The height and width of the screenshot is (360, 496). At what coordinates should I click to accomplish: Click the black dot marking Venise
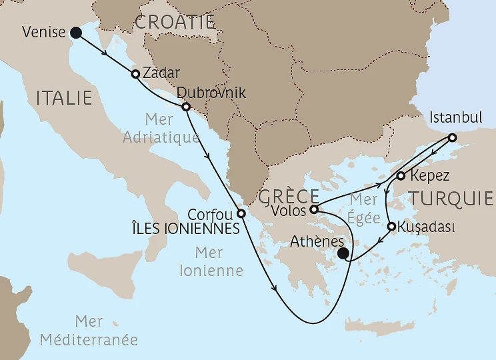pyautogui.click(x=76, y=32)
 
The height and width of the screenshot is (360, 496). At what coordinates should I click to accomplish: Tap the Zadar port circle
pyautogui.click(x=135, y=74)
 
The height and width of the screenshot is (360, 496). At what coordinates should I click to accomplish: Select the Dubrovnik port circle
pyautogui.click(x=186, y=107)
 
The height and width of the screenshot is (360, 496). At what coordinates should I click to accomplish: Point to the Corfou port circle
pyautogui.click(x=241, y=215)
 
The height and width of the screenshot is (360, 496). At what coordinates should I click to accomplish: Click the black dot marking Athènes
pyautogui.click(x=343, y=253)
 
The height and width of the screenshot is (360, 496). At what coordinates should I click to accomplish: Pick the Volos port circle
pyautogui.click(x=314, y=209)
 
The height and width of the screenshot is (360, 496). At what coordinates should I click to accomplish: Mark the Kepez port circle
pyautogui.click(x=400, y=177)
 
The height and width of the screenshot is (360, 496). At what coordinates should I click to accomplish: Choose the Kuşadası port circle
pyautogui.click(x=391, y=226)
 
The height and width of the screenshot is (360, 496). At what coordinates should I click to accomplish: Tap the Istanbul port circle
pyautogui.click(x=452, y=138)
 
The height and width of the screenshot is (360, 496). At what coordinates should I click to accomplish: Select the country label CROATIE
pyautogui.click(x=174, y=22)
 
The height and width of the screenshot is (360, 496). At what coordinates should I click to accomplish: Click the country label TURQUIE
pyautogui.click(x=452, y=198)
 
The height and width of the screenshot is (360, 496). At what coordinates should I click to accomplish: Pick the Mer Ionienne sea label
pyautogui.click(x=219, y=261)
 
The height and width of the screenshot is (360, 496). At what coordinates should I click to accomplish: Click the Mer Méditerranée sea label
pyautogui.click(x=89, y=331)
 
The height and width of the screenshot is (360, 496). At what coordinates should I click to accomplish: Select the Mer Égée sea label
pyautogui.click(x=363, y=209)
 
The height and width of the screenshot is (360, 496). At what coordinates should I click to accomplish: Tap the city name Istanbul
pyautogui.click(x=456, y=118)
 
